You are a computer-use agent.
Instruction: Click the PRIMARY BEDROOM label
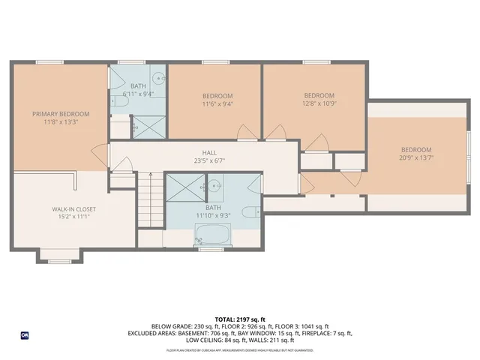[x=60, y=114]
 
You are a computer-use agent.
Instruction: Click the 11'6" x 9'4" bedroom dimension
[x=217, y=105]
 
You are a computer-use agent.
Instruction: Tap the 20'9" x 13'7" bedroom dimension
[x=416, y=158]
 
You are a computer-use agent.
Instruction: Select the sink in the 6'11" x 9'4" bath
[x=158, y=79]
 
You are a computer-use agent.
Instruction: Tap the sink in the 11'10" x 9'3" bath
[x=214, y=184]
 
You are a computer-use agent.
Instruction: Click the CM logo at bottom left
[x=25, y=335]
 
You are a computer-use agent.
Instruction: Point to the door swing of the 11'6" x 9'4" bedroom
[x=245, y=133]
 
